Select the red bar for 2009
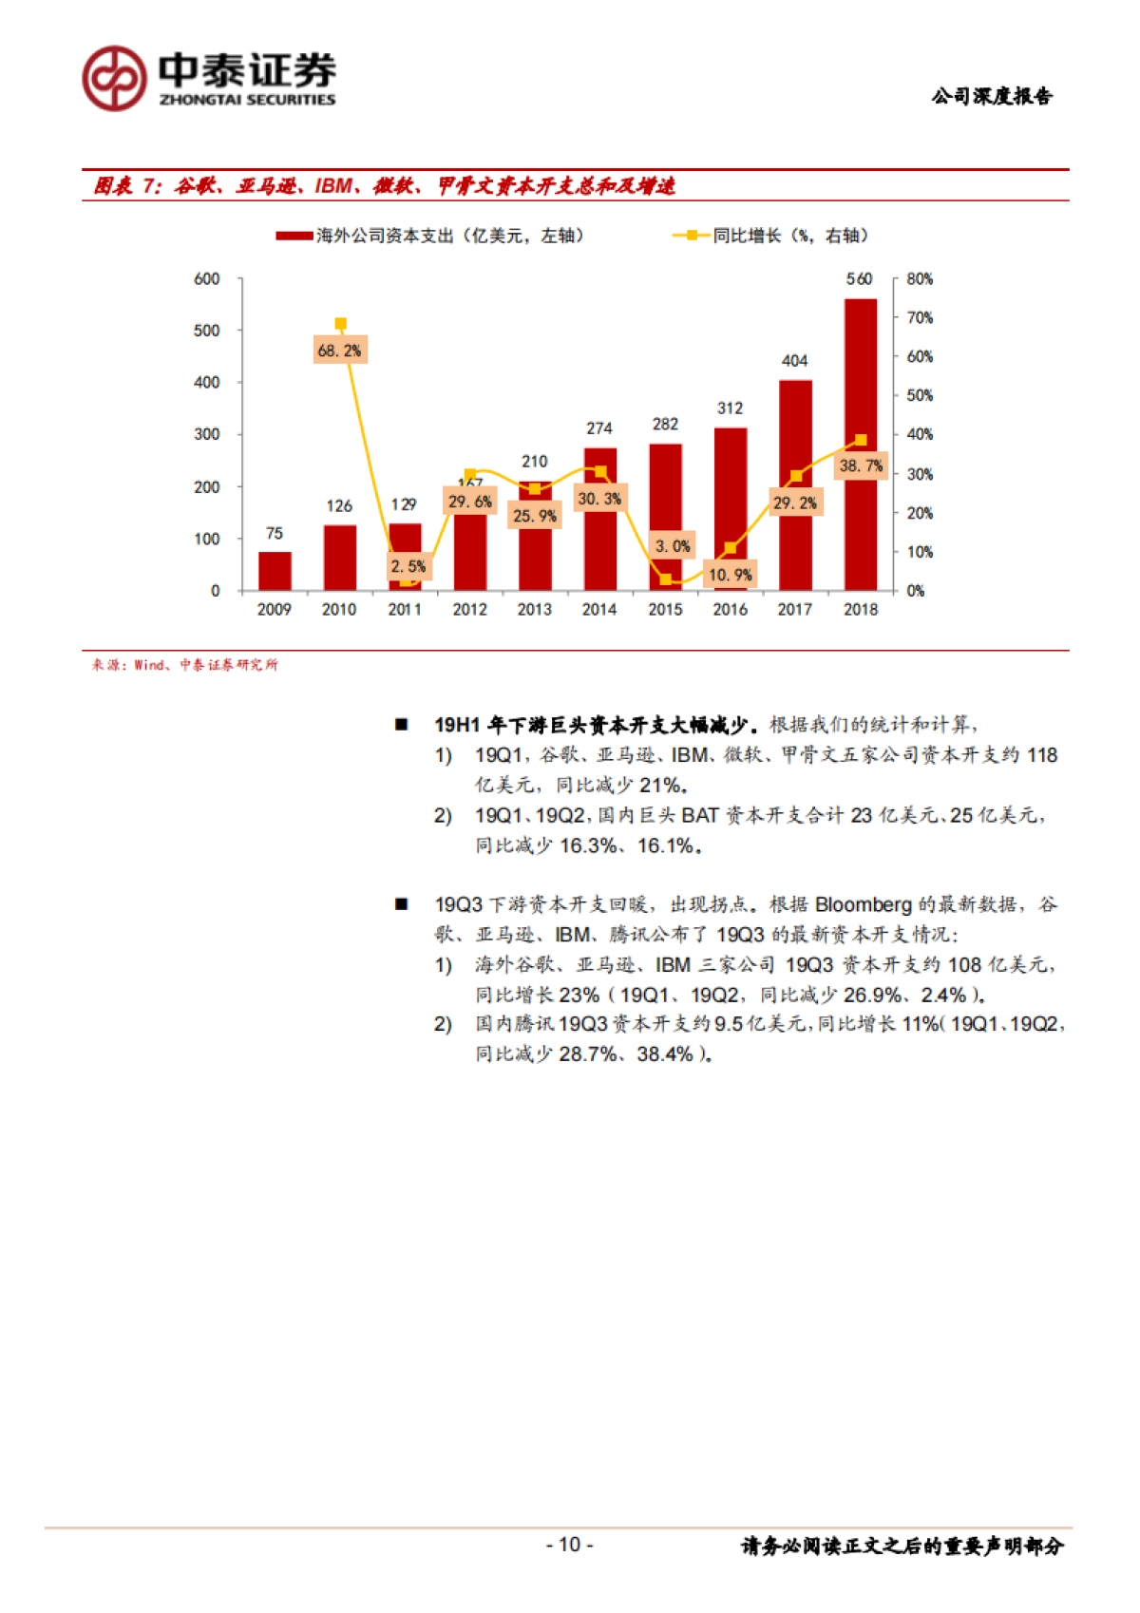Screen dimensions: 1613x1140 click(275, 571)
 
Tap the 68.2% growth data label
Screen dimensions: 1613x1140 click(339, 351)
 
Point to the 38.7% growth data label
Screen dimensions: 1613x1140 click(861, 465)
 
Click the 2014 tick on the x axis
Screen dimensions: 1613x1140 click(599, 610)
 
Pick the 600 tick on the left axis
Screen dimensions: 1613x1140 click(207, 278)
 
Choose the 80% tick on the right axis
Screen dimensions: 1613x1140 click(919, 278)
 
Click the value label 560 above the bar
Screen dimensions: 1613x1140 click(859, 278)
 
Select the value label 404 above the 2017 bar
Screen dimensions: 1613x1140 click(794, 361)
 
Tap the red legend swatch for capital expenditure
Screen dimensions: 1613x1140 click(294, 236)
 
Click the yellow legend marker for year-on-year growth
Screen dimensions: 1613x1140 click(692, 236)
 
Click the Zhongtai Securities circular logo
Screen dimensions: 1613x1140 click(114, 78)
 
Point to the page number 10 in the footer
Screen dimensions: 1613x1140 click(569, 1545)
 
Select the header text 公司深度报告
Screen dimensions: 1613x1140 click(992, 96)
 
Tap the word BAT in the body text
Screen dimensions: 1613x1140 click(700, 815)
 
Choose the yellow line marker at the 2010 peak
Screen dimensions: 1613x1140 click(340, 324)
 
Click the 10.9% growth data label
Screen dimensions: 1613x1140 click(730, 575)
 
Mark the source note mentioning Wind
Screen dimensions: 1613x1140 click(184, 665)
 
